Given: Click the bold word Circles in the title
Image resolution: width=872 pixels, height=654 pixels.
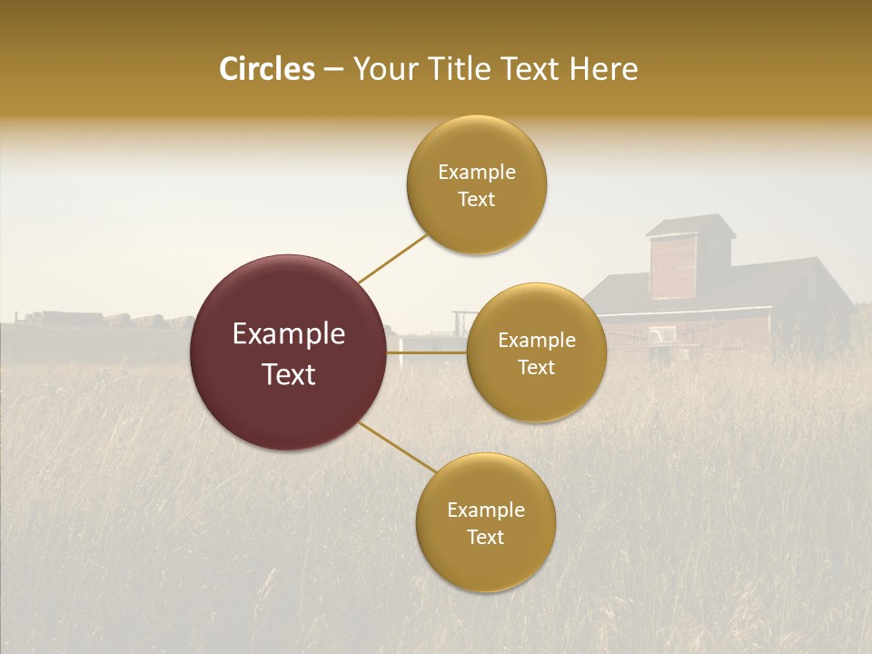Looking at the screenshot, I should (266, 69).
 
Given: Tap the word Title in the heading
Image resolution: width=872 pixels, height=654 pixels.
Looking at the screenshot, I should (459, 69).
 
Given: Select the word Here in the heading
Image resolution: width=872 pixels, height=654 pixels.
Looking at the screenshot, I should (603, 69).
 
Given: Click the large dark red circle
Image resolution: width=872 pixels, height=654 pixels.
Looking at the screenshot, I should (288, 352).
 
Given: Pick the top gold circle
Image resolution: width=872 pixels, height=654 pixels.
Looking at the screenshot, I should (476, 184).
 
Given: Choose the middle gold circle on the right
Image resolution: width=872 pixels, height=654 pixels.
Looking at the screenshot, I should (536, 352).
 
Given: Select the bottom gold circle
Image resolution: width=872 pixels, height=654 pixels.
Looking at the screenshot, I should (485, 522).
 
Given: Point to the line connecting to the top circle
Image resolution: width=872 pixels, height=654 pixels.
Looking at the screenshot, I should (392, 258).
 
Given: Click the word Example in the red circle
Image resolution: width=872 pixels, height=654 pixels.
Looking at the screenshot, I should (288, 334).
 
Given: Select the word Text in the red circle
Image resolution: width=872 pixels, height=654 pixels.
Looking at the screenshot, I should (288, 374).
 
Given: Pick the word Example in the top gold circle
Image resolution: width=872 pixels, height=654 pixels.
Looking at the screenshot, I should (476, 173).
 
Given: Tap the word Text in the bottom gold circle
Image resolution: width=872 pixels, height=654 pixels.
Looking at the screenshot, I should (485, 537).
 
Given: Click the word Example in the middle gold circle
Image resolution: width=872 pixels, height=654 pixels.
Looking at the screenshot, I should (536, 341).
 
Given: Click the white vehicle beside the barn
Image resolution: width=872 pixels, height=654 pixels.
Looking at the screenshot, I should (662, 335).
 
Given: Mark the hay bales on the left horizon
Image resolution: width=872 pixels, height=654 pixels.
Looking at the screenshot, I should (91, 320).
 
